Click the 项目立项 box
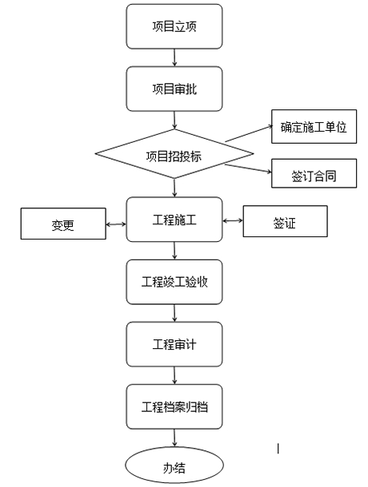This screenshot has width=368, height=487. click(x=174, y=26)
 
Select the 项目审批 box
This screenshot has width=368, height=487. click(x=174, y=89)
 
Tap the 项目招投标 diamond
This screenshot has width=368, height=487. click(x=174, y=154)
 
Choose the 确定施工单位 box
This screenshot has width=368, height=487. click(x=314, y=126)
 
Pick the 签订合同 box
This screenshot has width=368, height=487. click(x=314, y=173)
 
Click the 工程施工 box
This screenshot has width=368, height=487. click(x=174, y=220)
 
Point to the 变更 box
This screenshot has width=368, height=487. click(x=63, y=224)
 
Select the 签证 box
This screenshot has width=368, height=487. click(x=285, y=221)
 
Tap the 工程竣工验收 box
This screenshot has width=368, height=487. click(x=174, y=282)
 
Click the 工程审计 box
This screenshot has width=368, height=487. click(x=174, y=344)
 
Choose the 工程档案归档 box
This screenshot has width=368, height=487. click(x=174, y=406)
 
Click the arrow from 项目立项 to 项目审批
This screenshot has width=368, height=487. click(x=174, y=57)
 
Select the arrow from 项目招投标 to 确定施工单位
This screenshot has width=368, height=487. click(x=249, y=133)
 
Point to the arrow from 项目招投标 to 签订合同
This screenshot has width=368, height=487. click(x=248, y=168)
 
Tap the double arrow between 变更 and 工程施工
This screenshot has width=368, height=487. click(x=116, y=224)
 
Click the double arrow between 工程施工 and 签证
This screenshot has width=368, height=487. click(x=233, y=220)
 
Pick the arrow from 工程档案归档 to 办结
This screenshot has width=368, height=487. click(x=174, y=438)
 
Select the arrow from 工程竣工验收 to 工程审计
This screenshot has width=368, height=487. click(x=174, y=313)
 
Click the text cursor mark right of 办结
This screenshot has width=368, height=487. click(x=278, y=449)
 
